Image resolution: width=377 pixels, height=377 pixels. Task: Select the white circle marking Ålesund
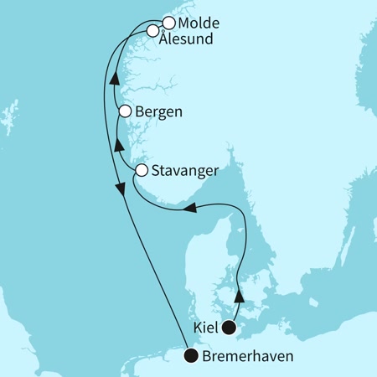coord(153,32)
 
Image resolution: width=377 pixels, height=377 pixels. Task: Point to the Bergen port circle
coord(125,111)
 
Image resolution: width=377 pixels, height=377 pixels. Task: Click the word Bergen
coord(159,111)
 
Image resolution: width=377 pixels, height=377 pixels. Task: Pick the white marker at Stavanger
coord(142,171)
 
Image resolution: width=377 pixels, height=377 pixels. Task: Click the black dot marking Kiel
coord(227,328)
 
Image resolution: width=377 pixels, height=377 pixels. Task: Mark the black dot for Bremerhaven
coord(192,356)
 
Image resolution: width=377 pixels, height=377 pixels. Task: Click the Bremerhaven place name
coord(246,356)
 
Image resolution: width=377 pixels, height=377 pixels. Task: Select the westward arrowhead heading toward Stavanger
coord(190,209)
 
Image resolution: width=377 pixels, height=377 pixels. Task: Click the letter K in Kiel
coord(197,328)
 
